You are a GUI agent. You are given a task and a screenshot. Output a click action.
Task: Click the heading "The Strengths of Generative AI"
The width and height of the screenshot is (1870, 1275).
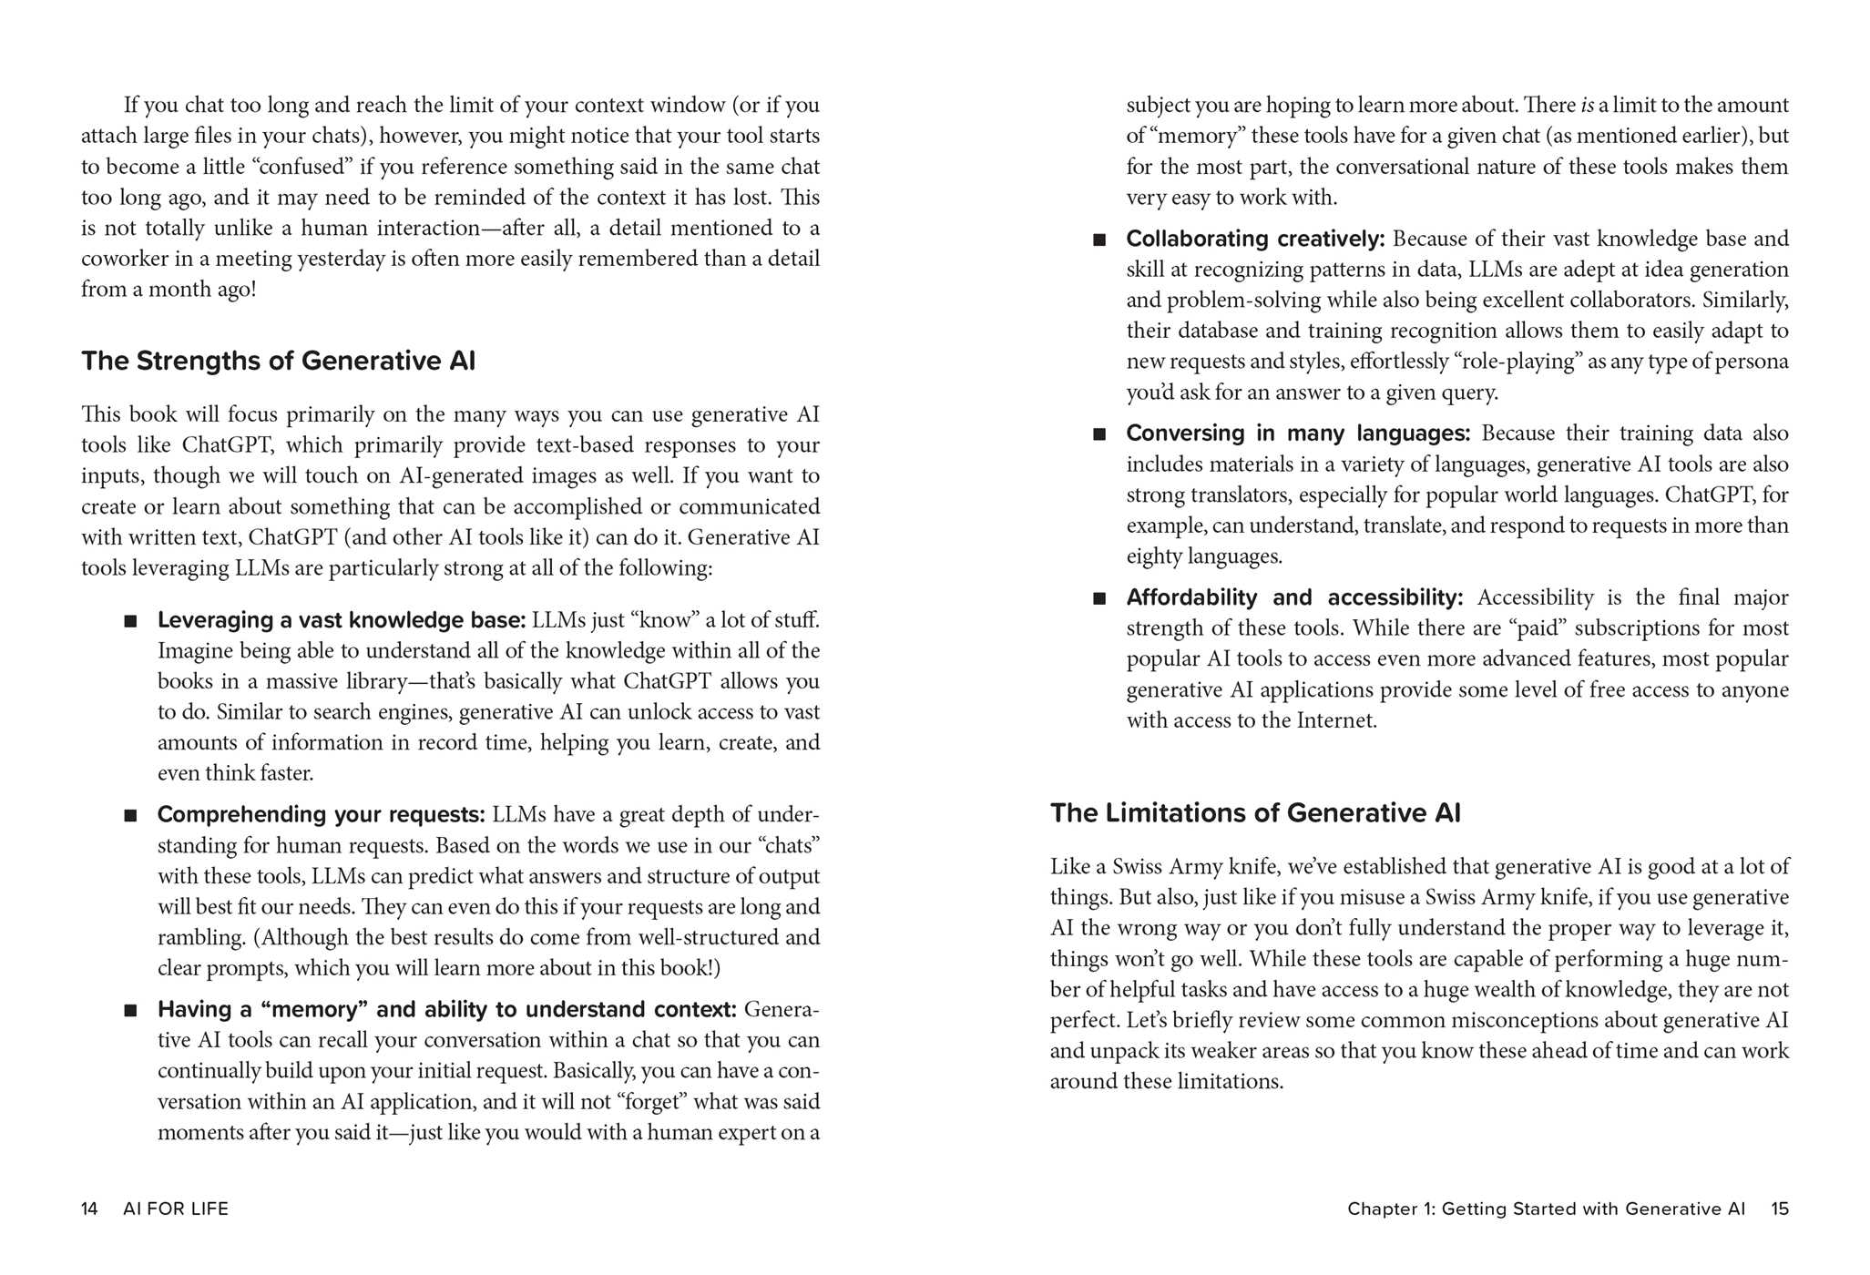point(278,362)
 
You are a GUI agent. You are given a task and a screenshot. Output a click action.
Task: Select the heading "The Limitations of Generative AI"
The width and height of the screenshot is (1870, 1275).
point(1254,813)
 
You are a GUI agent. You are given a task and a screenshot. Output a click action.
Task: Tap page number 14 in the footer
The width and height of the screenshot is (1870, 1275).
point(89,1209)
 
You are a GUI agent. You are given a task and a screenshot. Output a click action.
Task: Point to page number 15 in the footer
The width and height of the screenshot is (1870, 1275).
point(1779,1209)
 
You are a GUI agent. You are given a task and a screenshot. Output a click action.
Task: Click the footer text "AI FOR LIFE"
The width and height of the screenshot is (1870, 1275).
point(176,1209)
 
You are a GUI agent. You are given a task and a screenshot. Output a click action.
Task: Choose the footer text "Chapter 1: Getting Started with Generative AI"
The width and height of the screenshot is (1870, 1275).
point(1546,1209)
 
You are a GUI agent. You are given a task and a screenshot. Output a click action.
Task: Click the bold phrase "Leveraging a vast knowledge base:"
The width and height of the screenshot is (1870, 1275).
point(342,620)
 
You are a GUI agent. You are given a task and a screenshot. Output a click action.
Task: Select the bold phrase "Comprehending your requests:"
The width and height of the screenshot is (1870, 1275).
point(321,814)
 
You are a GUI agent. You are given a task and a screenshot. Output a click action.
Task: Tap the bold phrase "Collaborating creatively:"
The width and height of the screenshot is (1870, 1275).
point(1254,239)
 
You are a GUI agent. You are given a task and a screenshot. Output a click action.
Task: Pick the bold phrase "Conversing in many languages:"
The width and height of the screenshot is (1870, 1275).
point(1297,433)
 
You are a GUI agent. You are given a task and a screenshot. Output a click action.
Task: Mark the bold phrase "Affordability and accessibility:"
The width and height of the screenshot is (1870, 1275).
point(1293,598)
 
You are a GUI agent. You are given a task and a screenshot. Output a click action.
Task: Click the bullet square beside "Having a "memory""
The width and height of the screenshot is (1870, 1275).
point(131,1011)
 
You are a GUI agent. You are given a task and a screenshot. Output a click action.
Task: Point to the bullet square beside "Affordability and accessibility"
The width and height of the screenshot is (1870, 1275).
point(1099,599)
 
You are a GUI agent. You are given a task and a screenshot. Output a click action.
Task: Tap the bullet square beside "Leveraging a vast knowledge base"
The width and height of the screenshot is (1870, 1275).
point(131,621)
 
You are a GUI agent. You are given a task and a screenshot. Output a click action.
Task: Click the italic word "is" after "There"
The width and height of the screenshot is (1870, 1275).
point(1587,106)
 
